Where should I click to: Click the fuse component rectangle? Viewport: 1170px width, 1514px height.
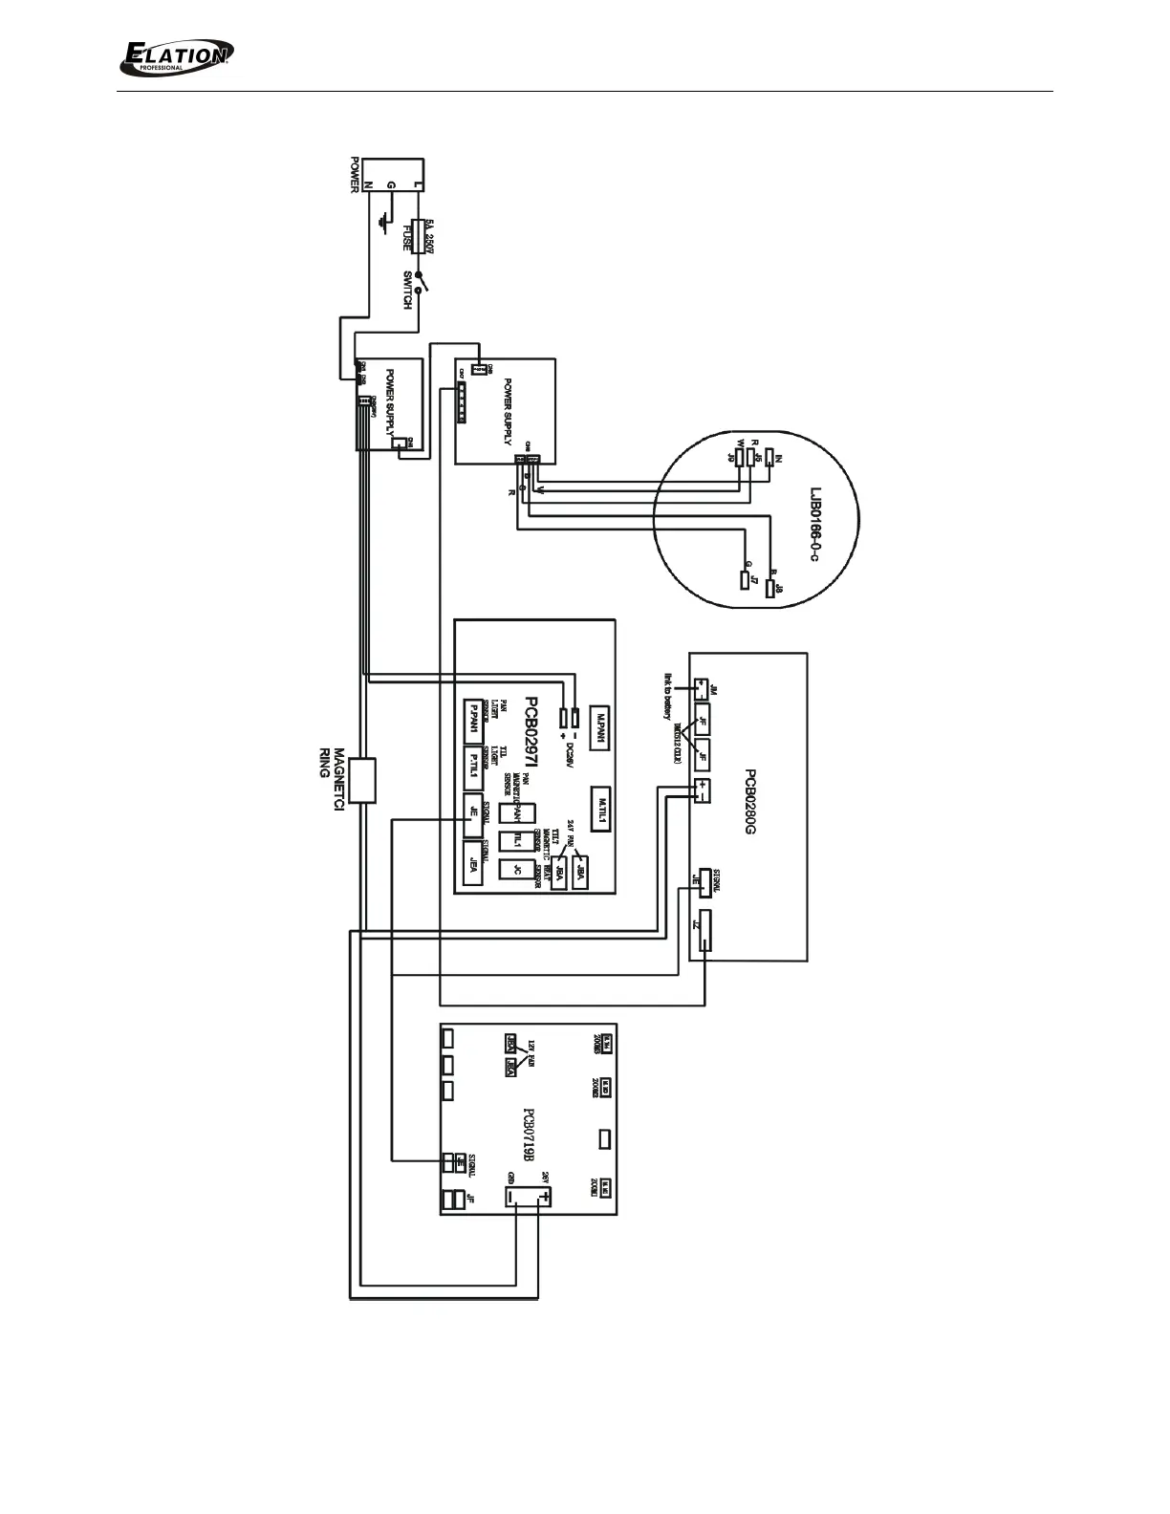click(418, 233)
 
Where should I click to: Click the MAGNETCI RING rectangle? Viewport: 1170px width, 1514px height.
click(361, 779)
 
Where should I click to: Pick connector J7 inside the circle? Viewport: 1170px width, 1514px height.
click(744, 579)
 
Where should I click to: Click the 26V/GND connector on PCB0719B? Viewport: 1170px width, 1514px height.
click(527, 1195)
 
